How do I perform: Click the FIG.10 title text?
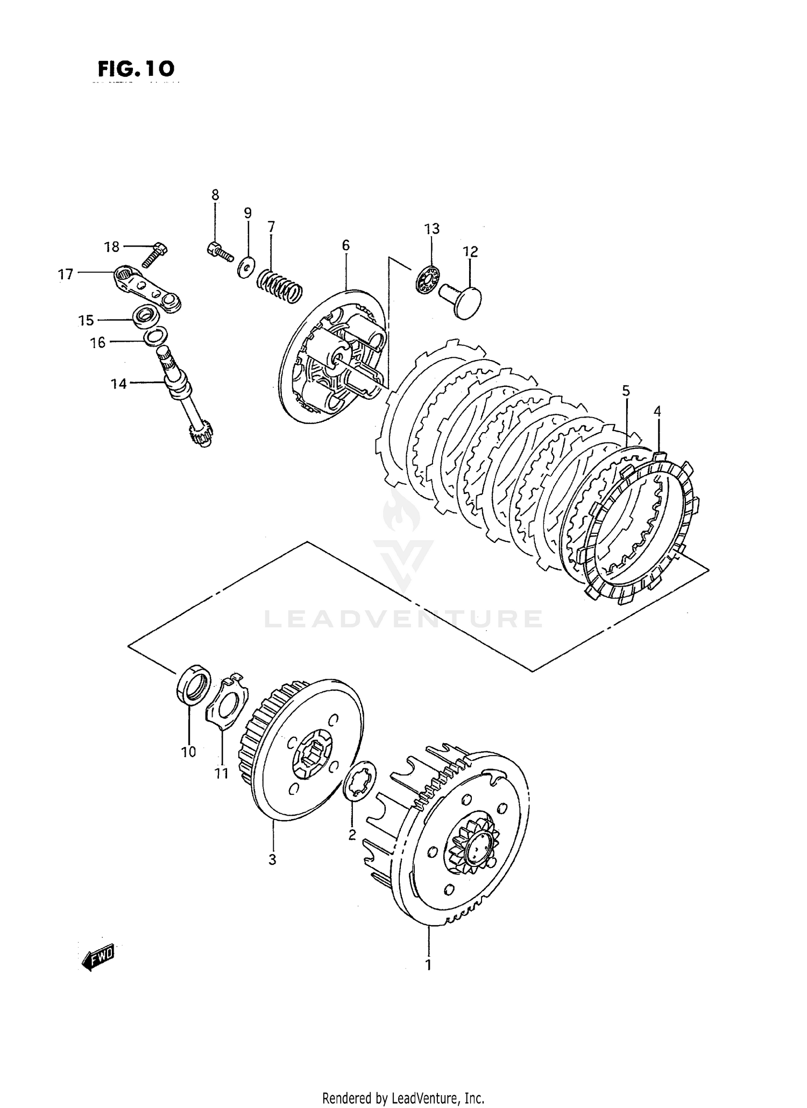pos(136,69)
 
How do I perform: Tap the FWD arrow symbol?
pos(98,959)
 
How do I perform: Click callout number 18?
pos(111,247)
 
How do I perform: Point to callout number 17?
pos(66,274)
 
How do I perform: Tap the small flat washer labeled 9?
pos(247,267)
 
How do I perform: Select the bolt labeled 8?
pos(219,251)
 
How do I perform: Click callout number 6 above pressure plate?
pos(345,245)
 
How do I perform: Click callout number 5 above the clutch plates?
pos(626,391)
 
